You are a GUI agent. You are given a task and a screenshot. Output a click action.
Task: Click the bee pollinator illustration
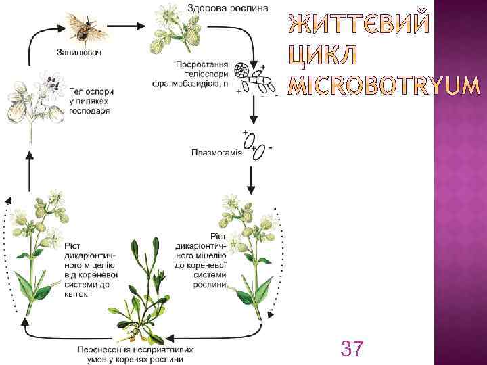(85, 27)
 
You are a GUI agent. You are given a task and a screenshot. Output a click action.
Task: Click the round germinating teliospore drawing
(240, 70)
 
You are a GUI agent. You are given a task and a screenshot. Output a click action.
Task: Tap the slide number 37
(351, 349)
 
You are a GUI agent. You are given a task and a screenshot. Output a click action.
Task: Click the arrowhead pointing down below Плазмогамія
(251, 189)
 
